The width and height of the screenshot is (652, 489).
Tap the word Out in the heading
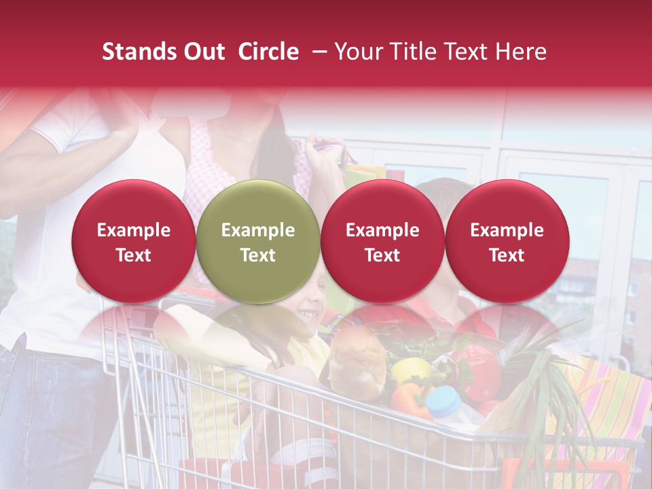[x=202, y=52]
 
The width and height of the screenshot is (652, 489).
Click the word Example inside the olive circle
[x=258, y=230]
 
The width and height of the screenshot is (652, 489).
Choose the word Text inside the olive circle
[x=258, y=255]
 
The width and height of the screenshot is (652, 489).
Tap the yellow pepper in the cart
[x=410, y=371]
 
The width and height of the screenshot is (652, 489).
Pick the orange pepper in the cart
[x=407, y=400]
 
